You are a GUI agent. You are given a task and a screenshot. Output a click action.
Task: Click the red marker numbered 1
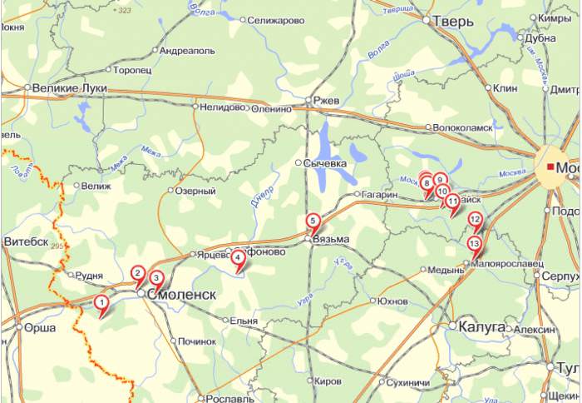tap(101, 302)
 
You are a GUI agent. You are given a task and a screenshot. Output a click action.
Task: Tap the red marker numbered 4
tap(239, 259)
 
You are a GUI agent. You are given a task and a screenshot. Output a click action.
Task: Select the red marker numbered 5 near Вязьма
tap(313, 221)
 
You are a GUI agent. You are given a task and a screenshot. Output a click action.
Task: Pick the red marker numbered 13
tap(474, 244)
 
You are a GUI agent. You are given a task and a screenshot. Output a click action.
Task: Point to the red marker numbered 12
tap(476, 221)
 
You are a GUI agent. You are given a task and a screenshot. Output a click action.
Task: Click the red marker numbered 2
tap(138, 272)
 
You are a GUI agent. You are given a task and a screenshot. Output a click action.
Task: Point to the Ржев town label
tap(326, 101)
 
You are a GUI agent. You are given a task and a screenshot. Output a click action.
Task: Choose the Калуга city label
tap(481, 326)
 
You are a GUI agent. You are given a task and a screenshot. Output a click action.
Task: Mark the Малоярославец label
tap(507, 263)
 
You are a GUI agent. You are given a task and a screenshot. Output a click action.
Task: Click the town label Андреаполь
tap(187, 51)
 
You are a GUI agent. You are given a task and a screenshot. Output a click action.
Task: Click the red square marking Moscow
tap(550, 167)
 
